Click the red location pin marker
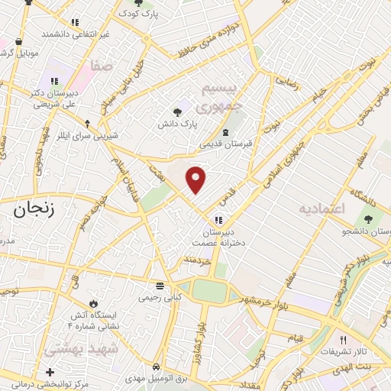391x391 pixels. pos(197,179)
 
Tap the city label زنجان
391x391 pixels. pos(31,211)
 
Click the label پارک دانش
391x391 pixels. pos(178,123)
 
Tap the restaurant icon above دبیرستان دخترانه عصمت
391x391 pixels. pos(218,221)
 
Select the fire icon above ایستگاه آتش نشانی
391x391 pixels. pos(93,303)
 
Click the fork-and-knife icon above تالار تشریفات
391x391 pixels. pos(343,341)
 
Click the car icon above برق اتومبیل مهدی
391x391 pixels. pos(156,366)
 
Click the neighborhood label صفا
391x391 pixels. pos(101,66)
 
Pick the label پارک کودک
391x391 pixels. pos(142,14)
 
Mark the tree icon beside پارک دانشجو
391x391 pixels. pos(369,220)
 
